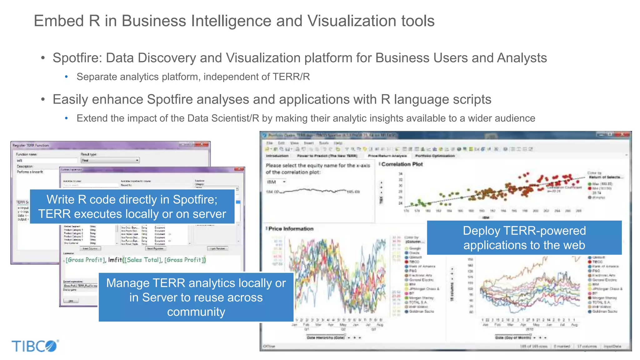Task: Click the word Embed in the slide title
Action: pyautogui.click(x=59, y=21)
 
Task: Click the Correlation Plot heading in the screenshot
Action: pyautogui.click(x=402, y=164)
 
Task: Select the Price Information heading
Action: pyautogui.click(x=291, y=229)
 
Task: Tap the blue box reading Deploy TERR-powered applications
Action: pyautogui.click(x=524, y=238)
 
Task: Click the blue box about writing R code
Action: pyautogui.click(x=132, y=207)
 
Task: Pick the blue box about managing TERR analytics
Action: pyautogui.click(x=196, y=297)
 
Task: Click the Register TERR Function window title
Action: pyautogui.click(x=31, y=145)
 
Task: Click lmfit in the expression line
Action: pyautogui.click(x=115, y=260)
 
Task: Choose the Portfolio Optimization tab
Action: pyautogui.click(x=435, y=156)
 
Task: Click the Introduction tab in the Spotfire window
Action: pyautogui.click(x=277, y=156)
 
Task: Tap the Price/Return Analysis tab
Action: pyautogui.click(x=387, y=156)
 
